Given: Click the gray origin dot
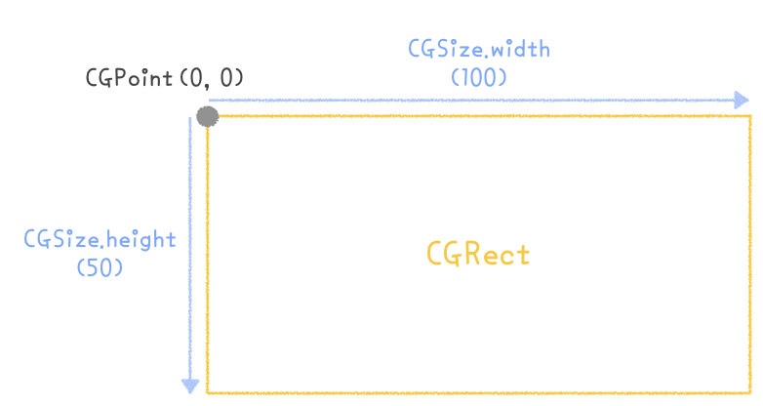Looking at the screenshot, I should point(207,117).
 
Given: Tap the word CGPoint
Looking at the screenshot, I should point(128,78).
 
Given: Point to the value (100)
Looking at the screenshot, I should point(477,76).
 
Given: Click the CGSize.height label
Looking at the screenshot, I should point(100,239).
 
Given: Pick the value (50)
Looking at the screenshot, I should point(100,266).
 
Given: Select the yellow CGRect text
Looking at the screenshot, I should point(478,255).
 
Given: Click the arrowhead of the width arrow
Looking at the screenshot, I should point(742,100).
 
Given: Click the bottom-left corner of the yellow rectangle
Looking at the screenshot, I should point(207,392).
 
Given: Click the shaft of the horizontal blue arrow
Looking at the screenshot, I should point(468,100).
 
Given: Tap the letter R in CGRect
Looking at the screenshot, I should point(466,255).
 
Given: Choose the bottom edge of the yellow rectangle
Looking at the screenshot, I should point(478,392).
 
